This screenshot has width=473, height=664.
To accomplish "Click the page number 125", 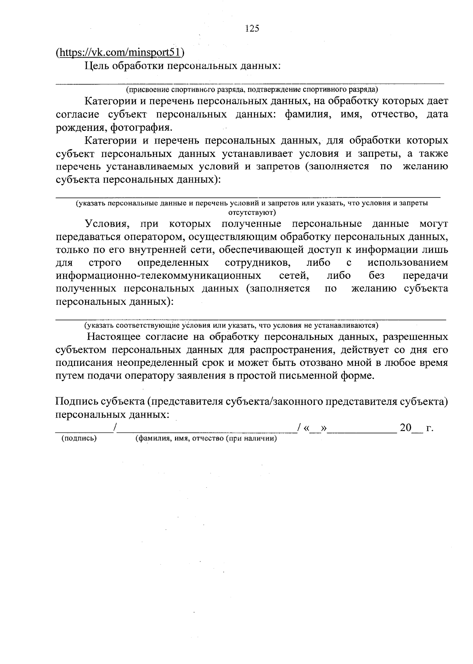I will [x=252, y=28].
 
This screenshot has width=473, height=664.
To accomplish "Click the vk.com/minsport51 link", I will [x=120, y=52].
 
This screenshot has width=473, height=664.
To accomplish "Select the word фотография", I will [x=141, y=127].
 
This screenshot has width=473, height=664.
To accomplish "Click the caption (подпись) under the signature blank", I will [x=79, y=438].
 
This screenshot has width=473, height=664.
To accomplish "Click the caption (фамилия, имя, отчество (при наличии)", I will [x=205, y=438].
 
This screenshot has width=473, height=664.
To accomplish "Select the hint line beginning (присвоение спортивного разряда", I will [x=251, y=89].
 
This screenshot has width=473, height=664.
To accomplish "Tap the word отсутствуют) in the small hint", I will [x=252, y=212].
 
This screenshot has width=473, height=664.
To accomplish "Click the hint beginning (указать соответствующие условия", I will [x=231, y=326].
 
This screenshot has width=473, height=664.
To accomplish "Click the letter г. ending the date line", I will [x=430, y=428].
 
